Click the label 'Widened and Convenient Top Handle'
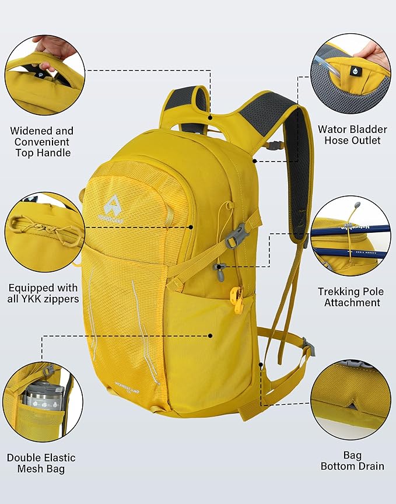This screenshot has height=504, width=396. [x=42, y=142]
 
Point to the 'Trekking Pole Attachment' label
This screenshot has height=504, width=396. [x=349, y=296]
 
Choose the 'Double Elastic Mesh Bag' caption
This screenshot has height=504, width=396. [x=41, y=463]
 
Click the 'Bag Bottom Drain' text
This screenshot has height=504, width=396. [x=352, y=460]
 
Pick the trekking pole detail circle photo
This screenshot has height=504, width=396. [x=350, y=236]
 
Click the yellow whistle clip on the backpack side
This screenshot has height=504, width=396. [x=236, y=299]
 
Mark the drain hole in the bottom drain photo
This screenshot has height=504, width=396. [x=352, y=402]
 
